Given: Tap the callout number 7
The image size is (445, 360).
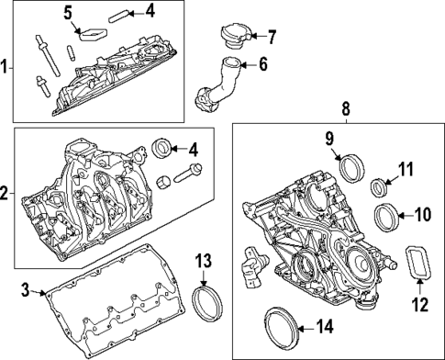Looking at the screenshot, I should (x=271, y=38).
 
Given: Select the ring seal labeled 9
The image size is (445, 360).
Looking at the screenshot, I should (x=350, y=169).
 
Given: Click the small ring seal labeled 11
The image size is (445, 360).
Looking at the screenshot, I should (x=377, y=189).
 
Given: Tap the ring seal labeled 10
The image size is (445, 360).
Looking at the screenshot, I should (x=388, y=218).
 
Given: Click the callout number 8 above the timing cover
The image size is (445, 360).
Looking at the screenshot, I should (x=345, y=110).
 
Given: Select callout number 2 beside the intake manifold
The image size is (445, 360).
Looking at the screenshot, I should (x=6, y=195).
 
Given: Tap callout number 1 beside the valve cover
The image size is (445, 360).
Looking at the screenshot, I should (x=6, y=67).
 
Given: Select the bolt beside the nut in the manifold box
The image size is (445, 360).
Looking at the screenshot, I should (x=188, y=172).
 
